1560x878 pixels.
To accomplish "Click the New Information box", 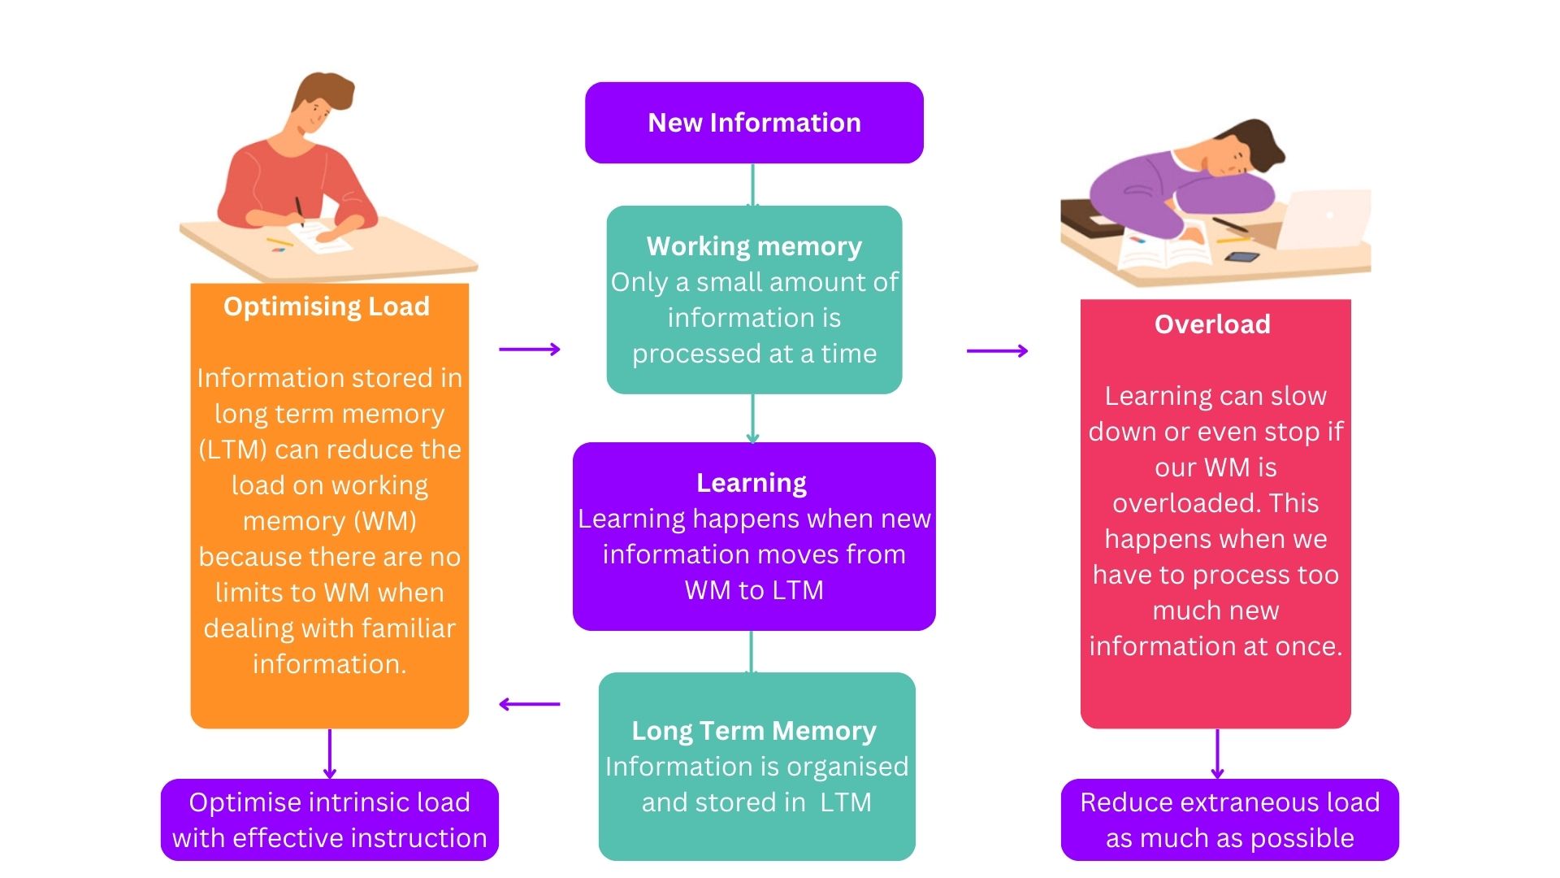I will point(754,123).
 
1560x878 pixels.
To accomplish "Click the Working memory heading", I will point(754,246).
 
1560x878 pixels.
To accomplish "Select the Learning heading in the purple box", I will point(752,483).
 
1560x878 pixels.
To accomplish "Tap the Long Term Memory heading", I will point(754,731).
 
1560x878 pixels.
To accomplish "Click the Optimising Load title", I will point(327,306).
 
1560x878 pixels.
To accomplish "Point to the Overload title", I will point(1212,324).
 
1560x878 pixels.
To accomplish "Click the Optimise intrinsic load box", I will point(329,819).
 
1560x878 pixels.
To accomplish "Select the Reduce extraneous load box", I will point(1229,819).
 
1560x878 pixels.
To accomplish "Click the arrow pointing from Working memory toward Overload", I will point(997,351).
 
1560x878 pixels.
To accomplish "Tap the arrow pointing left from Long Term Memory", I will point(529,704).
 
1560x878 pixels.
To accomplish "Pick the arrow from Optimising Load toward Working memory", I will point(530,350).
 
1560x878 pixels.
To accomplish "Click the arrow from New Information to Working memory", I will point(752,185).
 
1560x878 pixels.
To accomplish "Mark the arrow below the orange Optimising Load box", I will point(329,754).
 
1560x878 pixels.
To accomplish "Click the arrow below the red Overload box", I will point(1216,754).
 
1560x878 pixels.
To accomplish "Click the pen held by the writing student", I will point(299,210).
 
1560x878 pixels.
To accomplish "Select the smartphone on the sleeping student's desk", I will point(1241,258).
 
